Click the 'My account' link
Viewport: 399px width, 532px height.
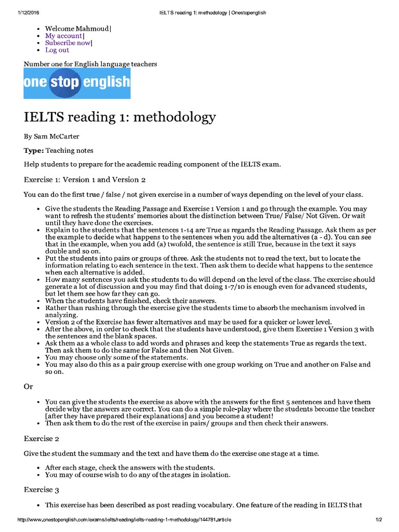[63, 36]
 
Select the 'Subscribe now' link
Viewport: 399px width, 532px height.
[68, 43]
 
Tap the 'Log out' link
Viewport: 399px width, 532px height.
[57, 50]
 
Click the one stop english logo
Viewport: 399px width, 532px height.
[77, 84]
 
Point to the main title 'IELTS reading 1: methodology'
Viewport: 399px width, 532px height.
[119, 117]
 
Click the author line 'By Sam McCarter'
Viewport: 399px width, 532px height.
[51, 137]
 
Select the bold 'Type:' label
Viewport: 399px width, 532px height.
[33, 151]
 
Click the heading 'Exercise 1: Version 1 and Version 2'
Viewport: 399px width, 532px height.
[85, 180]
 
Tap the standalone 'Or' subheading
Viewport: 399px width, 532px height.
[29, 387]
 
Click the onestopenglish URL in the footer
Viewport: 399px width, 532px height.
[125, 520]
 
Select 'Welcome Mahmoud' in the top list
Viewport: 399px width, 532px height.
[77, 29]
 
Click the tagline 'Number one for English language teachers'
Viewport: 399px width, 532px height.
[90, 64]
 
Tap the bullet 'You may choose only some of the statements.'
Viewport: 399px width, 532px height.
[116, 357]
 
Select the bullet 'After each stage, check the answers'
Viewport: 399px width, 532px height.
[129, 468]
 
